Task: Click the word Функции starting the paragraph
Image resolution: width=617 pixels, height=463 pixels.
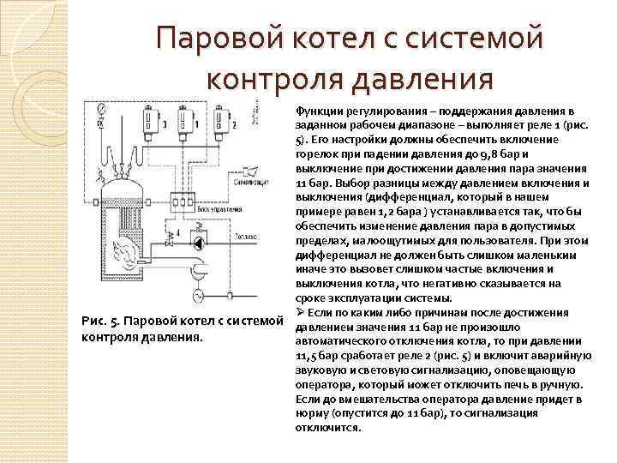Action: tap(318, 112)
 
